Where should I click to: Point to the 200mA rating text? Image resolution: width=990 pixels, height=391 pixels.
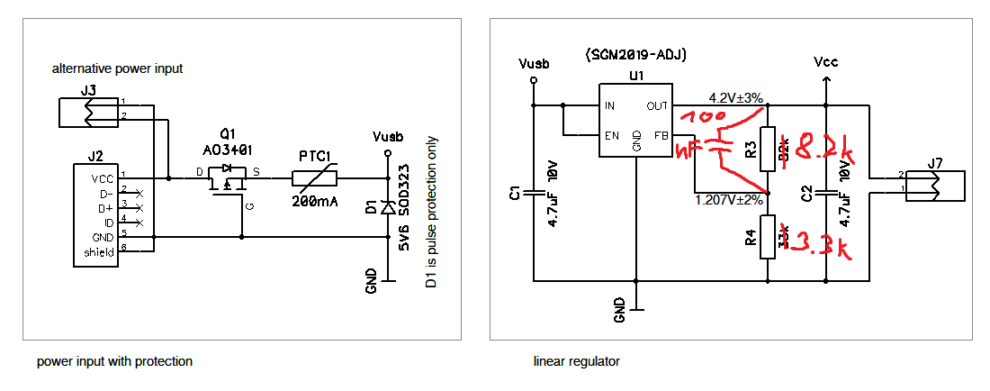click(x=314, y=201)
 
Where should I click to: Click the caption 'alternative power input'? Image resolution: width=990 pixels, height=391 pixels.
click(x=117, y=68)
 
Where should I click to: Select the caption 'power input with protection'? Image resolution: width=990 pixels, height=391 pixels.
click(x=114, y=361)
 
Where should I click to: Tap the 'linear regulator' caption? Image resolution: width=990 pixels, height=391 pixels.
click(x=576, y=361)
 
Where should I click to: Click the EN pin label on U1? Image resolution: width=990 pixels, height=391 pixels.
click(x=610, y=136)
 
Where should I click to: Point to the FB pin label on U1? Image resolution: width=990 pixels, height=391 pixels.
click(x=661, y=136)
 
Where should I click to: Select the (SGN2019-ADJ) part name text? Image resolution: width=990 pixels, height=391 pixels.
click(x=635, y=54)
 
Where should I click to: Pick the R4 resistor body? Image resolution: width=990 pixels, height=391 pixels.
click(x=767, y=237)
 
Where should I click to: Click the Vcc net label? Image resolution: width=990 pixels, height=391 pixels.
click(x=825, y=62)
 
